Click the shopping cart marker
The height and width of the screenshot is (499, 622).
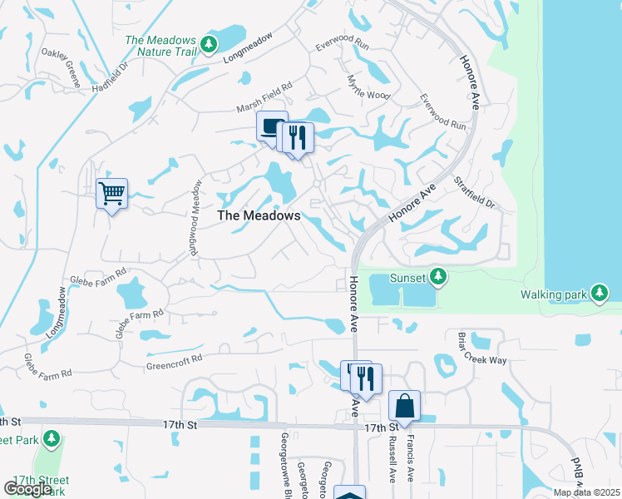tap(111, 194)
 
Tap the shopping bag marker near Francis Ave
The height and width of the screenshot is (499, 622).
tap(404, 407)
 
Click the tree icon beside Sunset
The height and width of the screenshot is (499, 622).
tap(439, 276)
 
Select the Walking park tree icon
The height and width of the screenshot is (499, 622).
tap(599, 293)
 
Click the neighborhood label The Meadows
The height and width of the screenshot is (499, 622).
tap(259, 215)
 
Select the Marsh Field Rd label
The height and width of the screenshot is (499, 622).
tap(264, 97)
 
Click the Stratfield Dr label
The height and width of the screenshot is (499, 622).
tap(474, 192)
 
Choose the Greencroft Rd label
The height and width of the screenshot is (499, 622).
tap(175, 360)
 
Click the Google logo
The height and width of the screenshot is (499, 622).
tap(27, 489)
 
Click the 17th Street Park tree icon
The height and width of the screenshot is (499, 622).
tap(52, 437)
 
